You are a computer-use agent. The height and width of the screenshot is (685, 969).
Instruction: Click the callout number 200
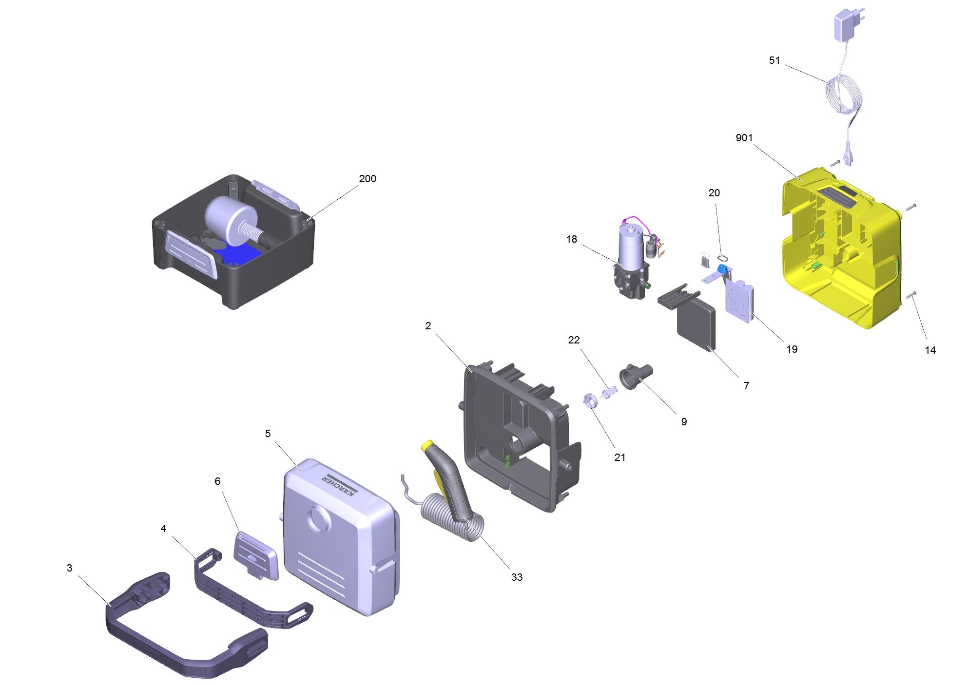click(x=368, y=179)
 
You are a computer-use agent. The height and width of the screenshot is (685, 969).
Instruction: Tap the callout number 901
click(x=744, y=138)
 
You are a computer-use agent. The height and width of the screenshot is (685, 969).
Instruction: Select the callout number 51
click(x=775, y=60)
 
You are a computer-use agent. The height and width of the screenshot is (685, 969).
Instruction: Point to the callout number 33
click(x=517, y=577)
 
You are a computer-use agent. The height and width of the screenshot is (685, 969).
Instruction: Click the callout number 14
click(x=930, y=350)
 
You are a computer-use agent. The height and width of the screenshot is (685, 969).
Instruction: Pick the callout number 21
click(x=620, y=457)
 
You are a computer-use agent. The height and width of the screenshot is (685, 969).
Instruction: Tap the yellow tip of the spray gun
click(x=427, y=445)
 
